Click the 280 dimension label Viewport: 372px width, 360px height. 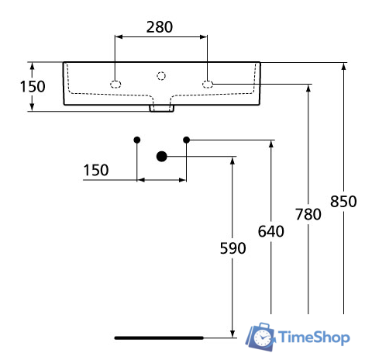click(160, 26)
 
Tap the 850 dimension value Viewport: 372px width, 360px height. click(343, 202)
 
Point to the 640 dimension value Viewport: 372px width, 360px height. click(271, 230)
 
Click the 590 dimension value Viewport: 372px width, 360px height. click(232, 248)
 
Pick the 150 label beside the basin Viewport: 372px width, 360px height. click(32, 86)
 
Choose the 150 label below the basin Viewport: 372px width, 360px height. click(96, 170)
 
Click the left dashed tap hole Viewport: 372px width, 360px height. click(115, 84)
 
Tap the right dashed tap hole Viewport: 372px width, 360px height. click(207, 84)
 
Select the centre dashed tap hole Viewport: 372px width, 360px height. click(161, 75)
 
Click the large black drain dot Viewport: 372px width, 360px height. click(161, 157)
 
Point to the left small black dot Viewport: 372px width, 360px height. click(137, 140)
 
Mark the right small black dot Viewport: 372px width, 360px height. click(186, 140)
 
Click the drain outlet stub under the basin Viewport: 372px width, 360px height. click(161, 108)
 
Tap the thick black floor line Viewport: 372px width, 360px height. click(159, 337)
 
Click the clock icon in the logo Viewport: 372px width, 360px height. click(263, 337)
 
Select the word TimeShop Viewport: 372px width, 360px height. click(314, 337)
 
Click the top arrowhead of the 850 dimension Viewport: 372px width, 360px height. click(343, 66)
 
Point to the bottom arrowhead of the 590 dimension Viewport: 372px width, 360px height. click(232, 334)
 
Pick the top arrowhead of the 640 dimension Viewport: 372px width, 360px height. click(271, 144)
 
